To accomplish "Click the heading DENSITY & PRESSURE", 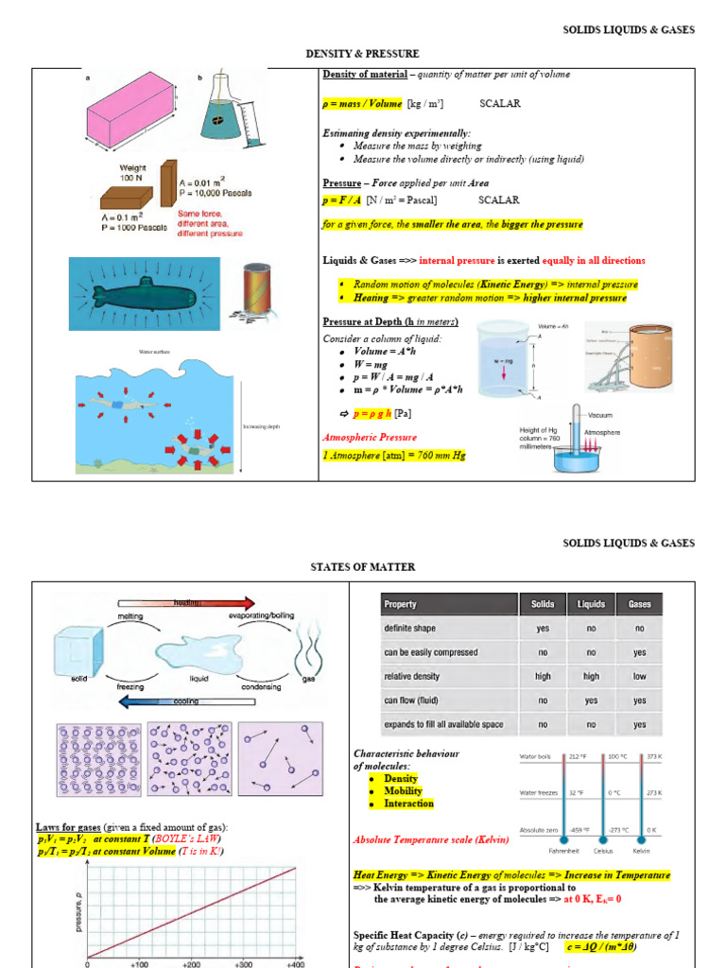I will tap(362, 54).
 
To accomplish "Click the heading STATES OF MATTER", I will tap(362, 566).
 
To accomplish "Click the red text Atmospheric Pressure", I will tap(370, 438).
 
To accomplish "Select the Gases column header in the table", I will tap(639, 604).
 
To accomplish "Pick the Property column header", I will tap(400, 604).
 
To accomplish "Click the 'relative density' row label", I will tap(412, 677).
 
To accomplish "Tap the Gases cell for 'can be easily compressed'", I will tap(639, 652).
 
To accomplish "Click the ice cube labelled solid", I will tap(77, 653).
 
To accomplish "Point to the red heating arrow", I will tap(186, 602).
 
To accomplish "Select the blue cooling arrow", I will tap(185, 702).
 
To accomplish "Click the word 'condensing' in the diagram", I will tap(261, 687).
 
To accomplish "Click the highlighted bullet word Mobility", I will tap(403, 791).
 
